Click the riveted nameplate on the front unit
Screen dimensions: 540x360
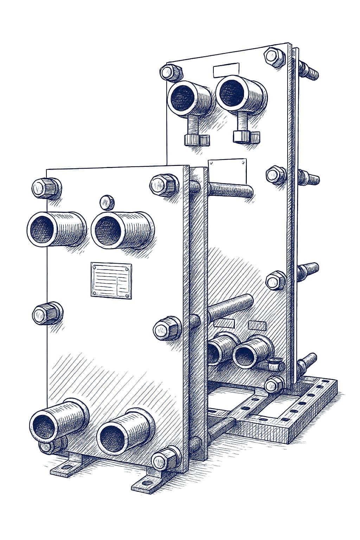(111, 280)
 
